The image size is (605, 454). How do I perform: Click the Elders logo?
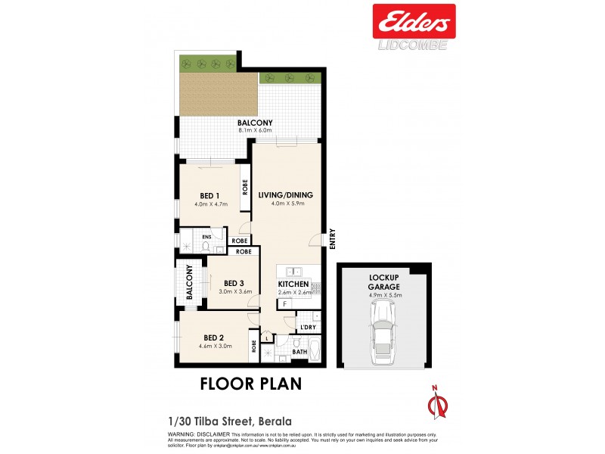click(x=414, y=21)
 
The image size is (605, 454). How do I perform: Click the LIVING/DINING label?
click(x=285, y=194)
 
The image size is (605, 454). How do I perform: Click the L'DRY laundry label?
click(x=307, y=328)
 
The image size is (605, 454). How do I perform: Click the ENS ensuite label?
click(x=205, y=237)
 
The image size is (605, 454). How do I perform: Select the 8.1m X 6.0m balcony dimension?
click(x=255, y=131)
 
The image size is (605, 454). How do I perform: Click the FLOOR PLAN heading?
click(x=250, y=384)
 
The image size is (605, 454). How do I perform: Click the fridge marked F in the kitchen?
click(x=284, y=304)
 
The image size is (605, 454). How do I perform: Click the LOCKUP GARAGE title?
click(x=385, y=281)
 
